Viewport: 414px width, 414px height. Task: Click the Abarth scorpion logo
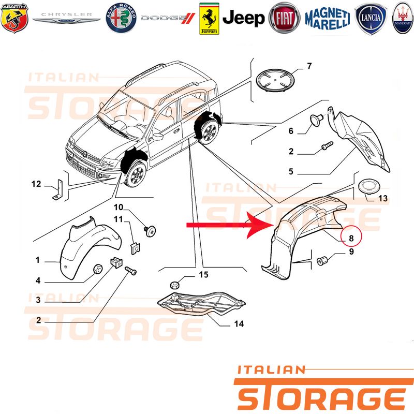pos(14,18)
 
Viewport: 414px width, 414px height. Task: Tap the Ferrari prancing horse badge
pos(209,19)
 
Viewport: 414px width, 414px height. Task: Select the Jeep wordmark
pos(243,18)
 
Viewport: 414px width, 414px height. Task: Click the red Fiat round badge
pos(284,18)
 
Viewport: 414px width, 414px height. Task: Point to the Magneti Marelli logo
pos(328,19)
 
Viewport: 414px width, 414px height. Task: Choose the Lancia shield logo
pos(371,18)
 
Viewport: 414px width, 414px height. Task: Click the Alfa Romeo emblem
pos(121,18)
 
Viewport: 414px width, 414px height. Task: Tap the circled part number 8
pos(351,238)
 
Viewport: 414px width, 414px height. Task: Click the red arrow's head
pos(261,225)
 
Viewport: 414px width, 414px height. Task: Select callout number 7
pos(309,66)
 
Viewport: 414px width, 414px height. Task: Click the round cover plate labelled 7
pos(275,80)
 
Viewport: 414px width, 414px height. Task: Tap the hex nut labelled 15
pos(174,285)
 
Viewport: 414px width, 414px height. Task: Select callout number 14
pos(239,324)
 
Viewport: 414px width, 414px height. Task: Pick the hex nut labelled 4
pos(98,269)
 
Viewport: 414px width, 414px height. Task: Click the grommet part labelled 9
pos(322,261)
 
